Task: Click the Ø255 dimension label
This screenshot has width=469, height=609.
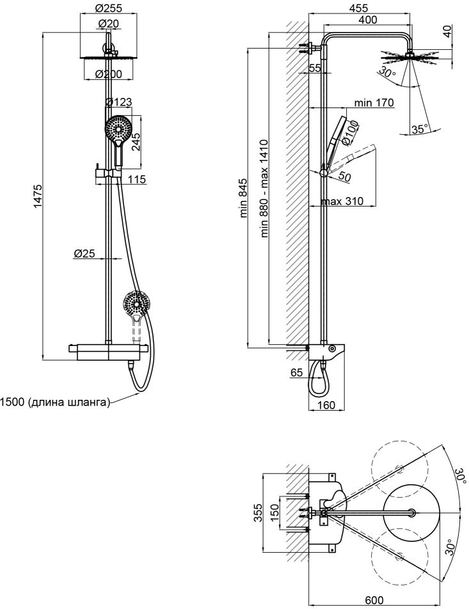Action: pyautogui.click(x=108, y=8)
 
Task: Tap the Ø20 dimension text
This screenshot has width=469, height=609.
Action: pyautogui.click(x=108, y=24)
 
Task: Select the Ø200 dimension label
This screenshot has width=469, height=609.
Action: pyautogui.click(x=108, y=74)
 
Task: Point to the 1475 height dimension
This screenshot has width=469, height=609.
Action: pyautogui.click(x=37, y=196)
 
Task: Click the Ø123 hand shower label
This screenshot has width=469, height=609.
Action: pyautogui.click(x=119, y=102)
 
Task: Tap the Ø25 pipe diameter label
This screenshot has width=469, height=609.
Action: pyautogui.click(x=84, y=253)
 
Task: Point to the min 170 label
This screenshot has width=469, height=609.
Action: pyautogui.click(x=374, y=102)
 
